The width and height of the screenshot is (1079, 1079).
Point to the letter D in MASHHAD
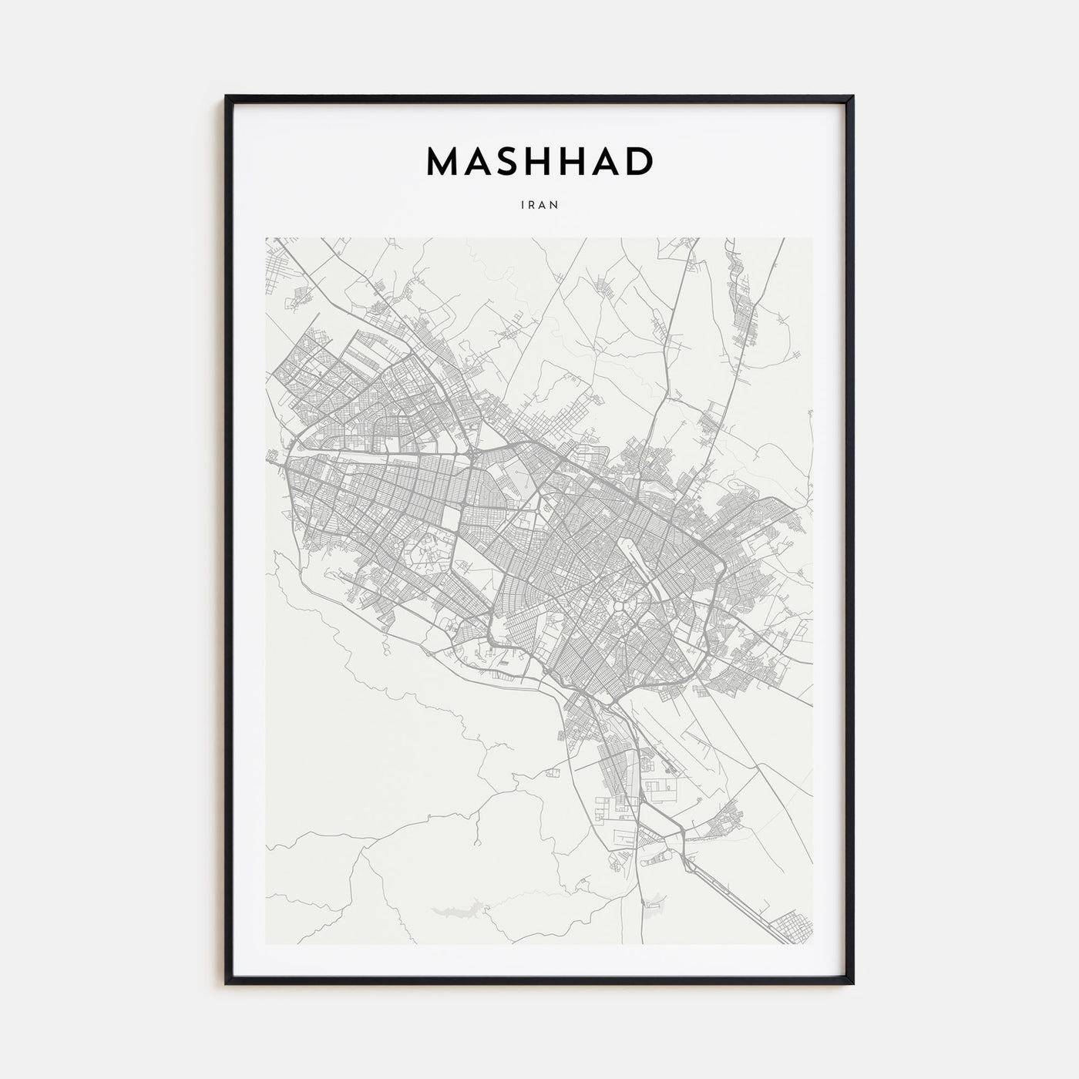point(638,162)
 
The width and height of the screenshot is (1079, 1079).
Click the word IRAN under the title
point(539,205)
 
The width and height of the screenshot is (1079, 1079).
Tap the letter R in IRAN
point(532,205)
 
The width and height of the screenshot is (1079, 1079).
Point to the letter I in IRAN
point(523,205)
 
